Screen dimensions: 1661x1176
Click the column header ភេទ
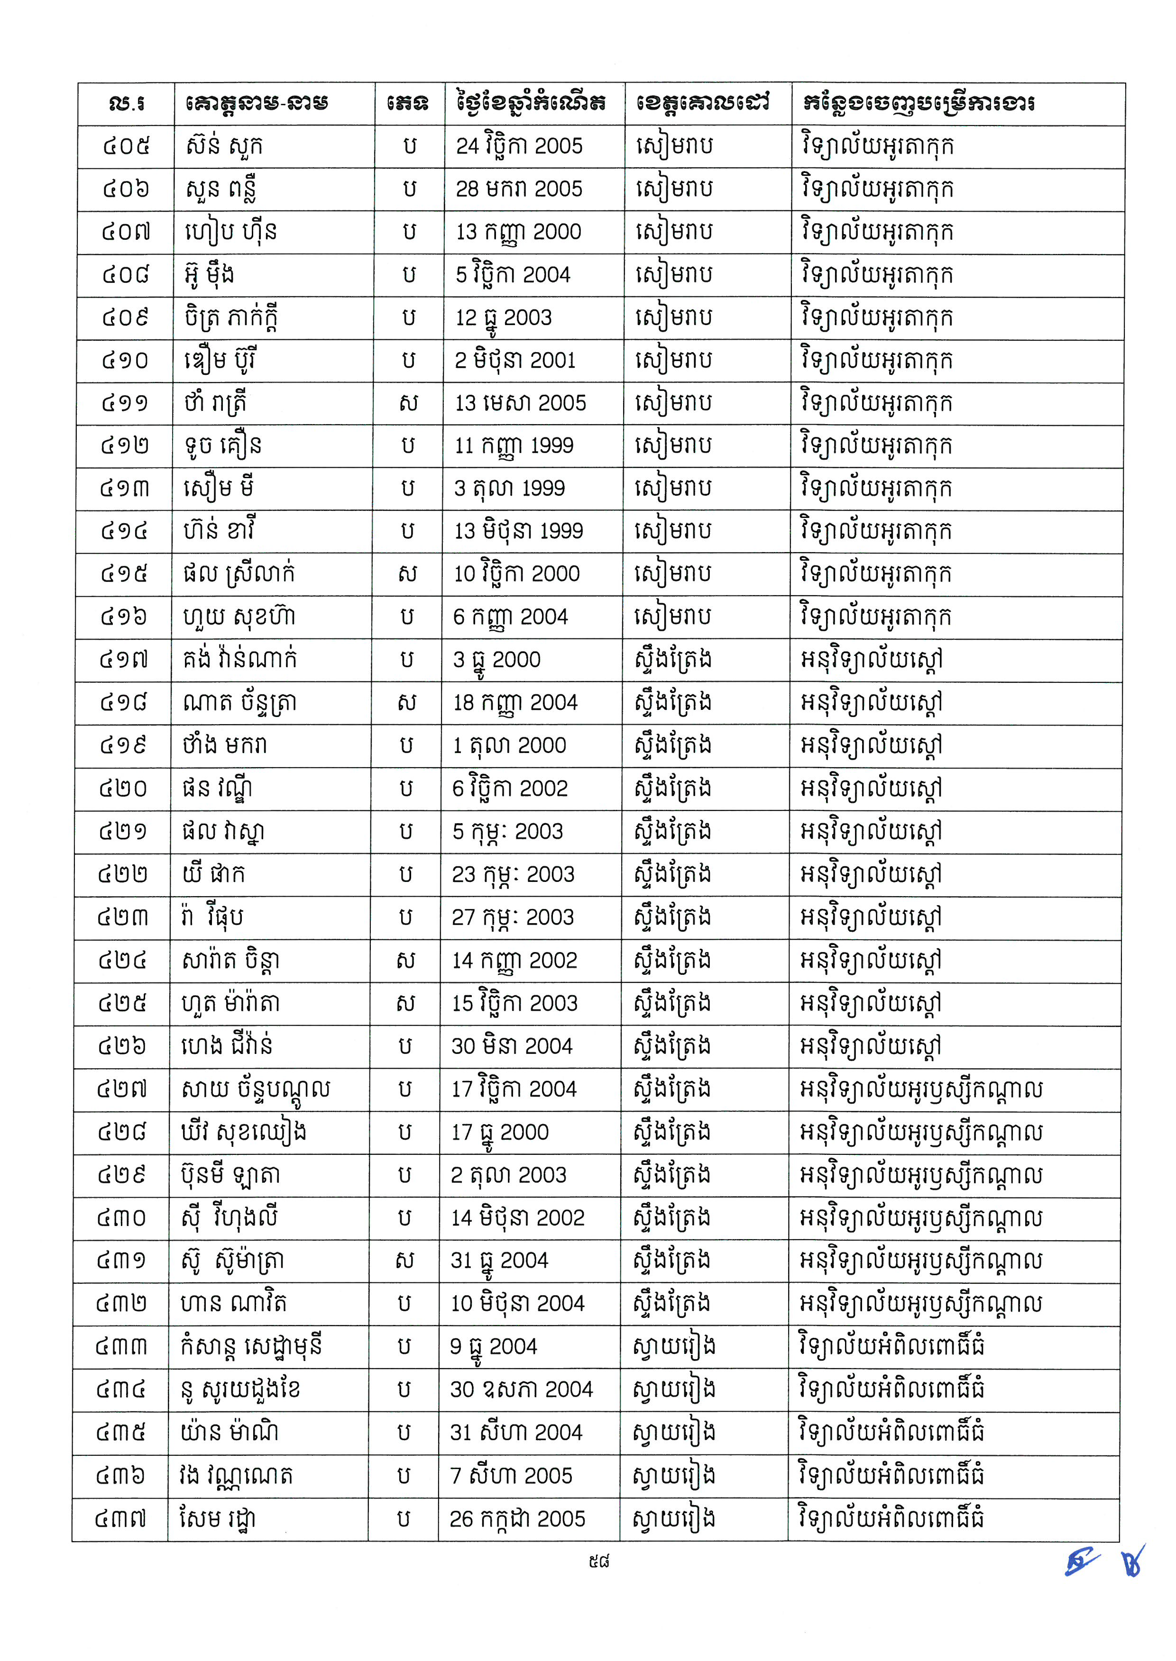click(408, 103)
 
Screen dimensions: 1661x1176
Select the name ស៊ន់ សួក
click(223, 146)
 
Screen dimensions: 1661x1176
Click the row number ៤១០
click(125, 361)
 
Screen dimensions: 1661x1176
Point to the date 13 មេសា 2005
click(520, 403)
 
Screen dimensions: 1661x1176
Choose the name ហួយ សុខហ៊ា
click(238, 617)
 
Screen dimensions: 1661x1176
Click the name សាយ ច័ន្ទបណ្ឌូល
click(256, 1089)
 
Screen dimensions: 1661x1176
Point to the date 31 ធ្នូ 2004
click(499, 1260)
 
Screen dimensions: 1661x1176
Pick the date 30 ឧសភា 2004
click(521, 1389)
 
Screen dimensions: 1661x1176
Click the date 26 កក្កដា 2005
click(516, 1518)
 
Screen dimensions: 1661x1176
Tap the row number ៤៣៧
click(120, 1518)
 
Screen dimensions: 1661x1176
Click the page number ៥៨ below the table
click(599, 1562)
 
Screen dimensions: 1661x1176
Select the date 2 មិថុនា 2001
click(515, 361)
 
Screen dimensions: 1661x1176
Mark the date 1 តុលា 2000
click(509, 745)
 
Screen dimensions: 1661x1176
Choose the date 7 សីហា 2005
click(511, 1476)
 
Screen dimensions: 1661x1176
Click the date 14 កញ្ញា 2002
click(514, 961)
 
